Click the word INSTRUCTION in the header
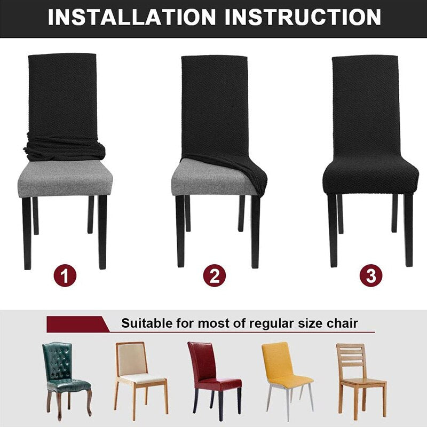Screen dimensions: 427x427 tap(303, 18)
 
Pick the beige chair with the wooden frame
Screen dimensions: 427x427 tap(140, 380)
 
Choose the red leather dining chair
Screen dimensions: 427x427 tap(214, 380)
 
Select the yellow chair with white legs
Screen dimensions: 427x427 tap(287, 381)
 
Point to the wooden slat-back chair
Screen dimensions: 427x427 tap(361, 380)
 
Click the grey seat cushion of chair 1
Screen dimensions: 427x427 tap(65, 178)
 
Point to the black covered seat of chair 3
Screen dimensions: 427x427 tap(370, 177)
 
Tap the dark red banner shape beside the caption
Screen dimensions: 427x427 tap(78, 324)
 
